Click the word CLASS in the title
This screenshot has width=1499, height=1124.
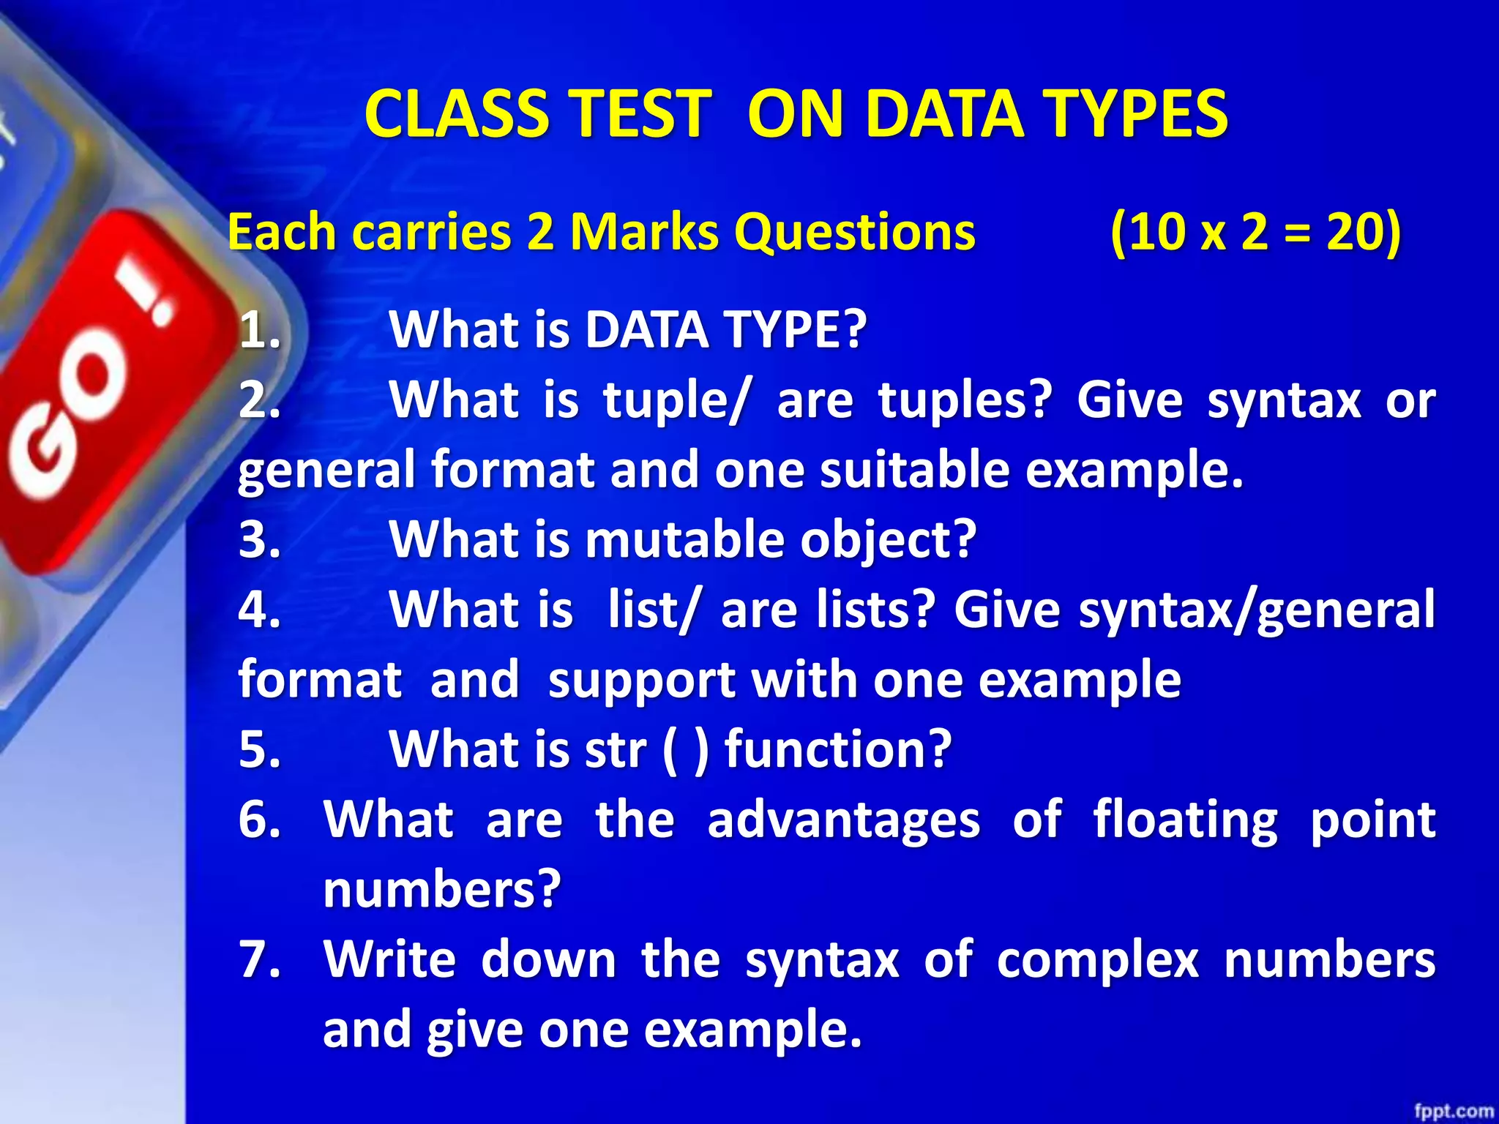[x=455, y=113]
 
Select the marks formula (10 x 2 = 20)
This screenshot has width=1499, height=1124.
[x=1255, y=232]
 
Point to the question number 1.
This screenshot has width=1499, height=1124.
[x=260, y=331]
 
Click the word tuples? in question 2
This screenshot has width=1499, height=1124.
[x=965, y=400]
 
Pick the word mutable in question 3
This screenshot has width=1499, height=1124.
[x=684, y=539]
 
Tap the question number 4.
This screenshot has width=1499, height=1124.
[x=260, y=610]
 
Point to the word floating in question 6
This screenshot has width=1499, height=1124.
[x=1185, y=819]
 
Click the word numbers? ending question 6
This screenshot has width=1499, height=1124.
[x=442, y=889]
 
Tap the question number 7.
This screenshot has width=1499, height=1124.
[x=260, y=959]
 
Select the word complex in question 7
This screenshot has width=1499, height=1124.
[x=1097, y=959]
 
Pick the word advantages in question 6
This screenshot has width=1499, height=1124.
[x=843, y=819]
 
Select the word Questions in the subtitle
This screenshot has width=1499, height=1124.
[x=854, y=232]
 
